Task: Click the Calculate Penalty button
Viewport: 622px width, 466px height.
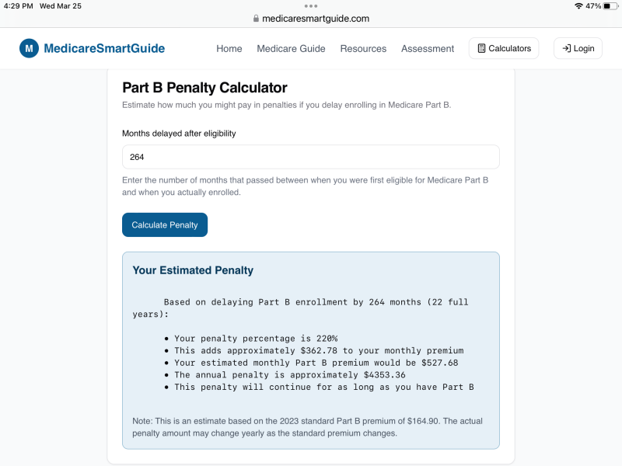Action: (165, 225)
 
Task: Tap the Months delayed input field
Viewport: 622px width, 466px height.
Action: (310, 157)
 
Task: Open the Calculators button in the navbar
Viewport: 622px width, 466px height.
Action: (504, 48)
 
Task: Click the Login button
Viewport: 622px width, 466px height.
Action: (578, 48)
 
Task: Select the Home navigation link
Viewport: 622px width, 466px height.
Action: (229, 48)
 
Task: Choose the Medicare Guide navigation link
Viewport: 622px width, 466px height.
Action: (291, 48)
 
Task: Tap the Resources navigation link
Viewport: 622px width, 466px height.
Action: (363, 48)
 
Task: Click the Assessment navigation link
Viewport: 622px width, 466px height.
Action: (428, 48)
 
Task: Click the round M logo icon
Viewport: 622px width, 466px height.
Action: (29, 48)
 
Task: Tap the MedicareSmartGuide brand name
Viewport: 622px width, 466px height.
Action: (104, 48)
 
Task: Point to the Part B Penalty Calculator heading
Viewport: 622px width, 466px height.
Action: (204, 88)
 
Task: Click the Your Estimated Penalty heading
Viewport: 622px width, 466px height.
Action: (193, 270)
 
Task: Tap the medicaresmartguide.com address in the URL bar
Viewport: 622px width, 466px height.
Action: (316, 19)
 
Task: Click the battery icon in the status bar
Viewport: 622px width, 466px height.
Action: (610, 5)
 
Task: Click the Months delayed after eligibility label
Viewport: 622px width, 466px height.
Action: (179, 134)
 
